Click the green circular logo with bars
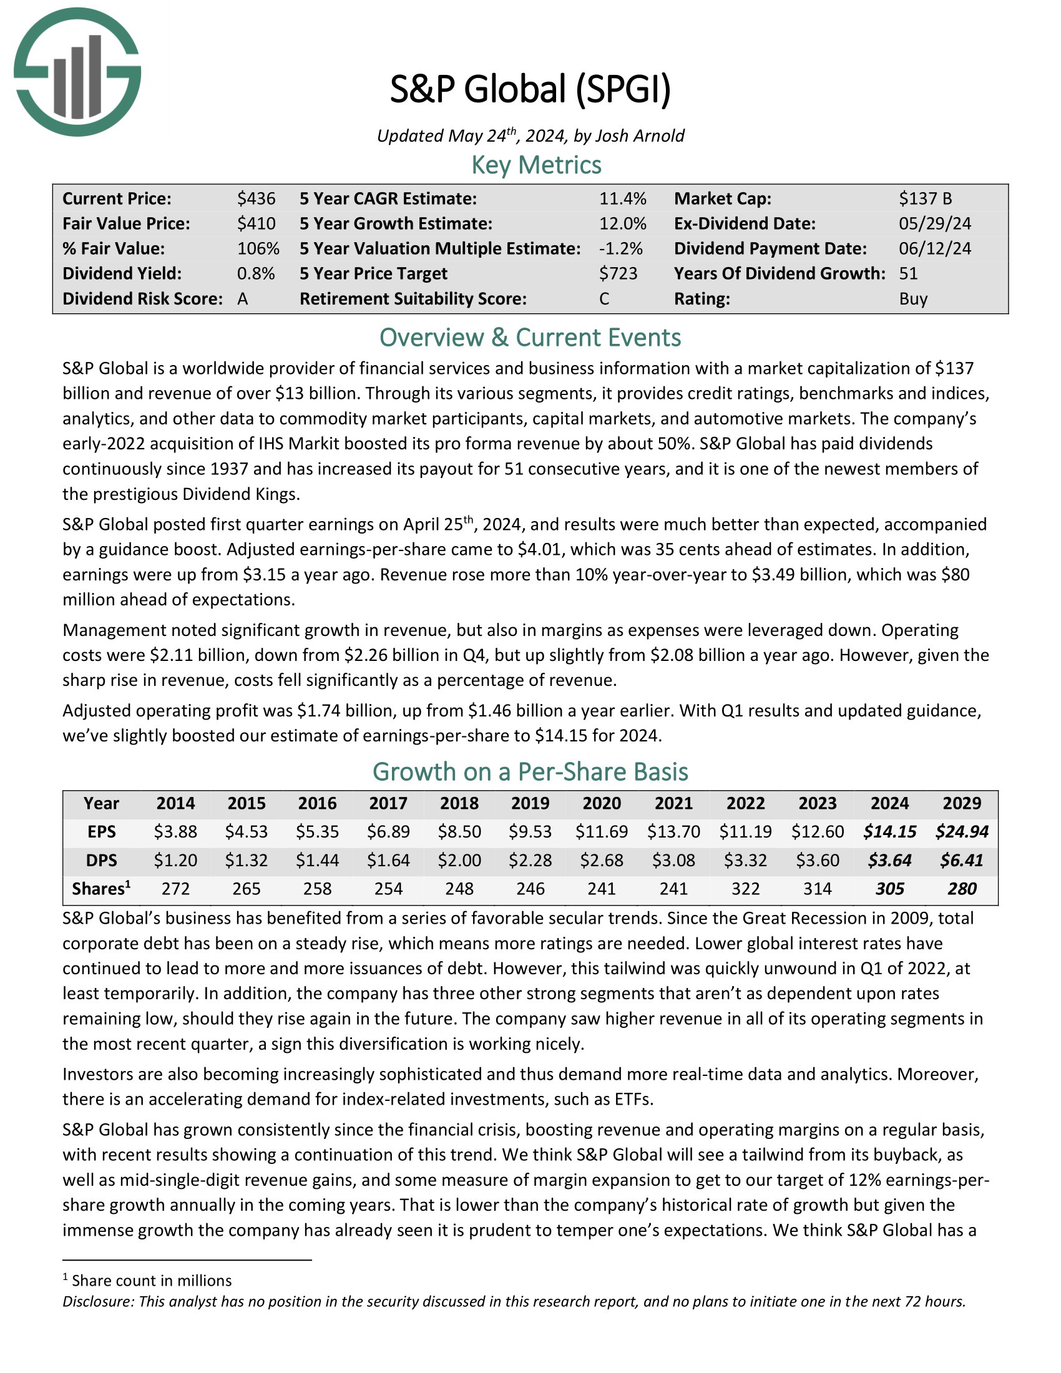click(77, 72)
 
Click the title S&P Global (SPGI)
click(530, 89)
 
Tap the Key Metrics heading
click(536, 165)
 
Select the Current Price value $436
click(256, 198)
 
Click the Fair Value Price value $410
click(256, 224)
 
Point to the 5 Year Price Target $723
click(618, 273)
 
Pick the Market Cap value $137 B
click(925, 198)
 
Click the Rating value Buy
click(913, 298)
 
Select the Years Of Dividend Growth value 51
click(908, 273)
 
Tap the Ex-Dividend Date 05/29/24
click(935, 224)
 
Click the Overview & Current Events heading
click(530, 338)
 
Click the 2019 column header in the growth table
click(530, 803)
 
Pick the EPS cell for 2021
click(673, 832)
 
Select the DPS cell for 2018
click(459, 860)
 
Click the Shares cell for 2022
click(745, 888)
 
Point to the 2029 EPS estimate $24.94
click(962, 832)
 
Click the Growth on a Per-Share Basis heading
click(530, 771)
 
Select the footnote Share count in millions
click(151, 1281)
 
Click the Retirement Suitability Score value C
click(604, 298)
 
